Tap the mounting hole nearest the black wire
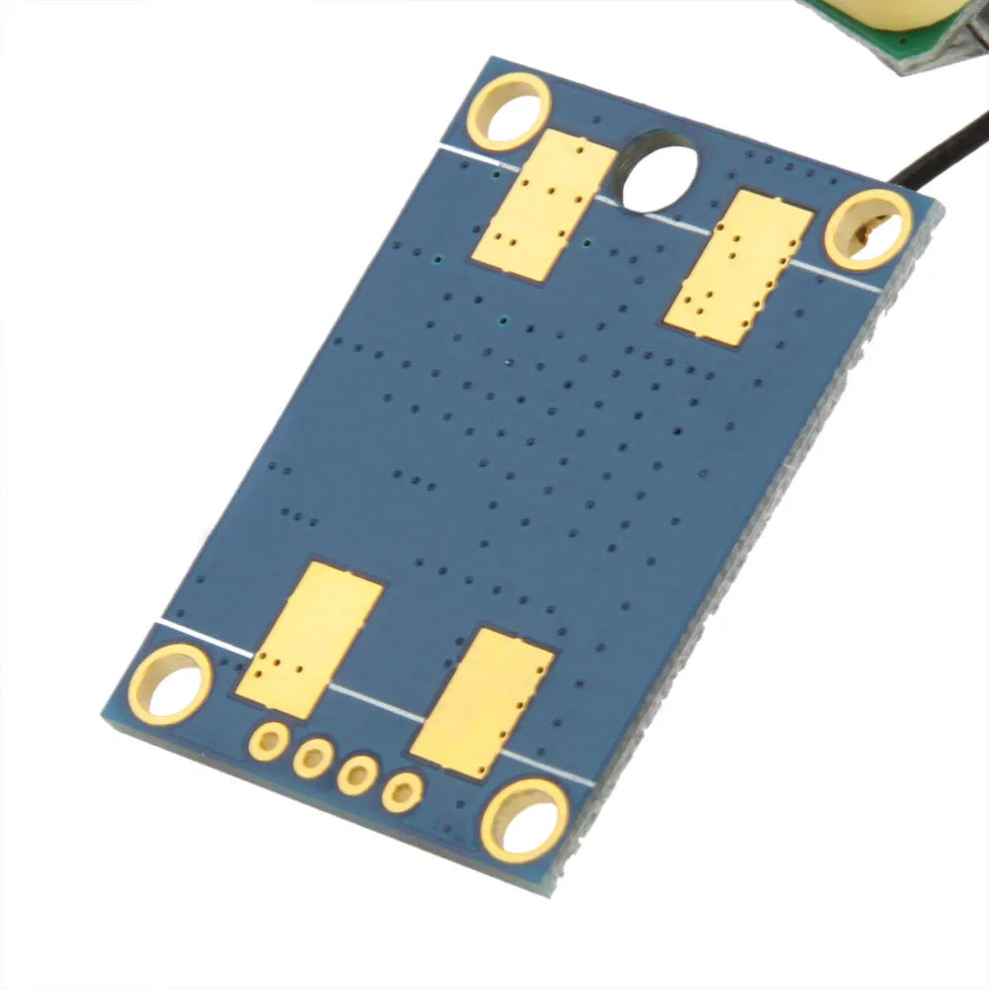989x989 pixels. (x=867, y=229)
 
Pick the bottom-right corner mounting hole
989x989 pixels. (x=523, y=818)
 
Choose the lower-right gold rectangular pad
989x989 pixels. (x=481, y=702)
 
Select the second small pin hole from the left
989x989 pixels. (x=313, y=759)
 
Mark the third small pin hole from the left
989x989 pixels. (x=358, y=774)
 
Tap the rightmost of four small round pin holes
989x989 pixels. (x=404, y=789)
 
